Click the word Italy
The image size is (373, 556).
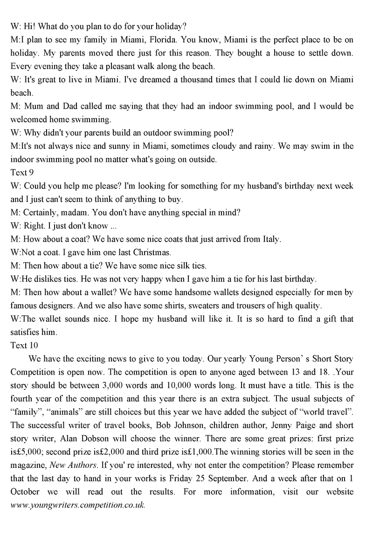(270, 239)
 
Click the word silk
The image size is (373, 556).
(180, 266)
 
